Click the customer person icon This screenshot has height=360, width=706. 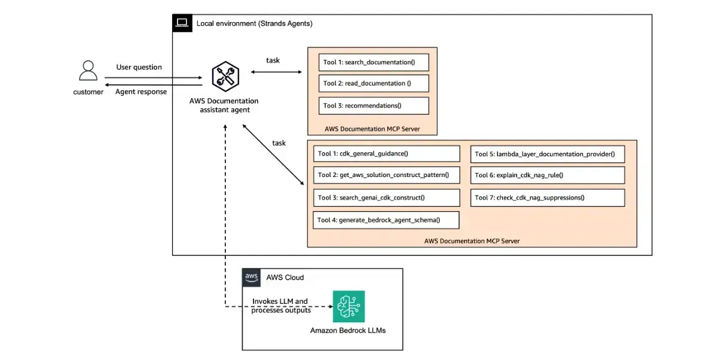[88, 71]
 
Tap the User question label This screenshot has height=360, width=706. [139, 67]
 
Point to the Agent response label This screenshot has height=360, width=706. [141, 92]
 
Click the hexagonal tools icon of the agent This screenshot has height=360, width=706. [225, 76]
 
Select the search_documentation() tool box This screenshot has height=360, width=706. [374, 62]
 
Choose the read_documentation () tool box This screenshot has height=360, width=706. [374, 83]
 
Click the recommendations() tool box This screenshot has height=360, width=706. [374, 105]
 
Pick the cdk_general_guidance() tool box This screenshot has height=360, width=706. [386, 154]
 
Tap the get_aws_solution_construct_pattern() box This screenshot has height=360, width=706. [386, 175]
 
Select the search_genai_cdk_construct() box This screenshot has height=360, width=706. [386, 198]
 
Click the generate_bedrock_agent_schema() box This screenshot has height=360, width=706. [386, 220]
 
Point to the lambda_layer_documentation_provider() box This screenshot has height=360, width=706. [548, 154]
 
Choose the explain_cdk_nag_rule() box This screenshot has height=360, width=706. [548, 175]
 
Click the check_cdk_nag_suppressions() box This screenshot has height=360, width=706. [548, 198]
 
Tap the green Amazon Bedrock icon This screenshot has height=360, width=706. [349, 306]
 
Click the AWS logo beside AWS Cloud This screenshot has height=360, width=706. [251, 277]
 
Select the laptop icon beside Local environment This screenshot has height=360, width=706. [182, 23]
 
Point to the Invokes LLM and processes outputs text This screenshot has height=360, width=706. [280, 306]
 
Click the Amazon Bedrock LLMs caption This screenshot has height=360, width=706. [348, 331]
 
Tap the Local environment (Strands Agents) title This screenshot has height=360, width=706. [255, 23]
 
